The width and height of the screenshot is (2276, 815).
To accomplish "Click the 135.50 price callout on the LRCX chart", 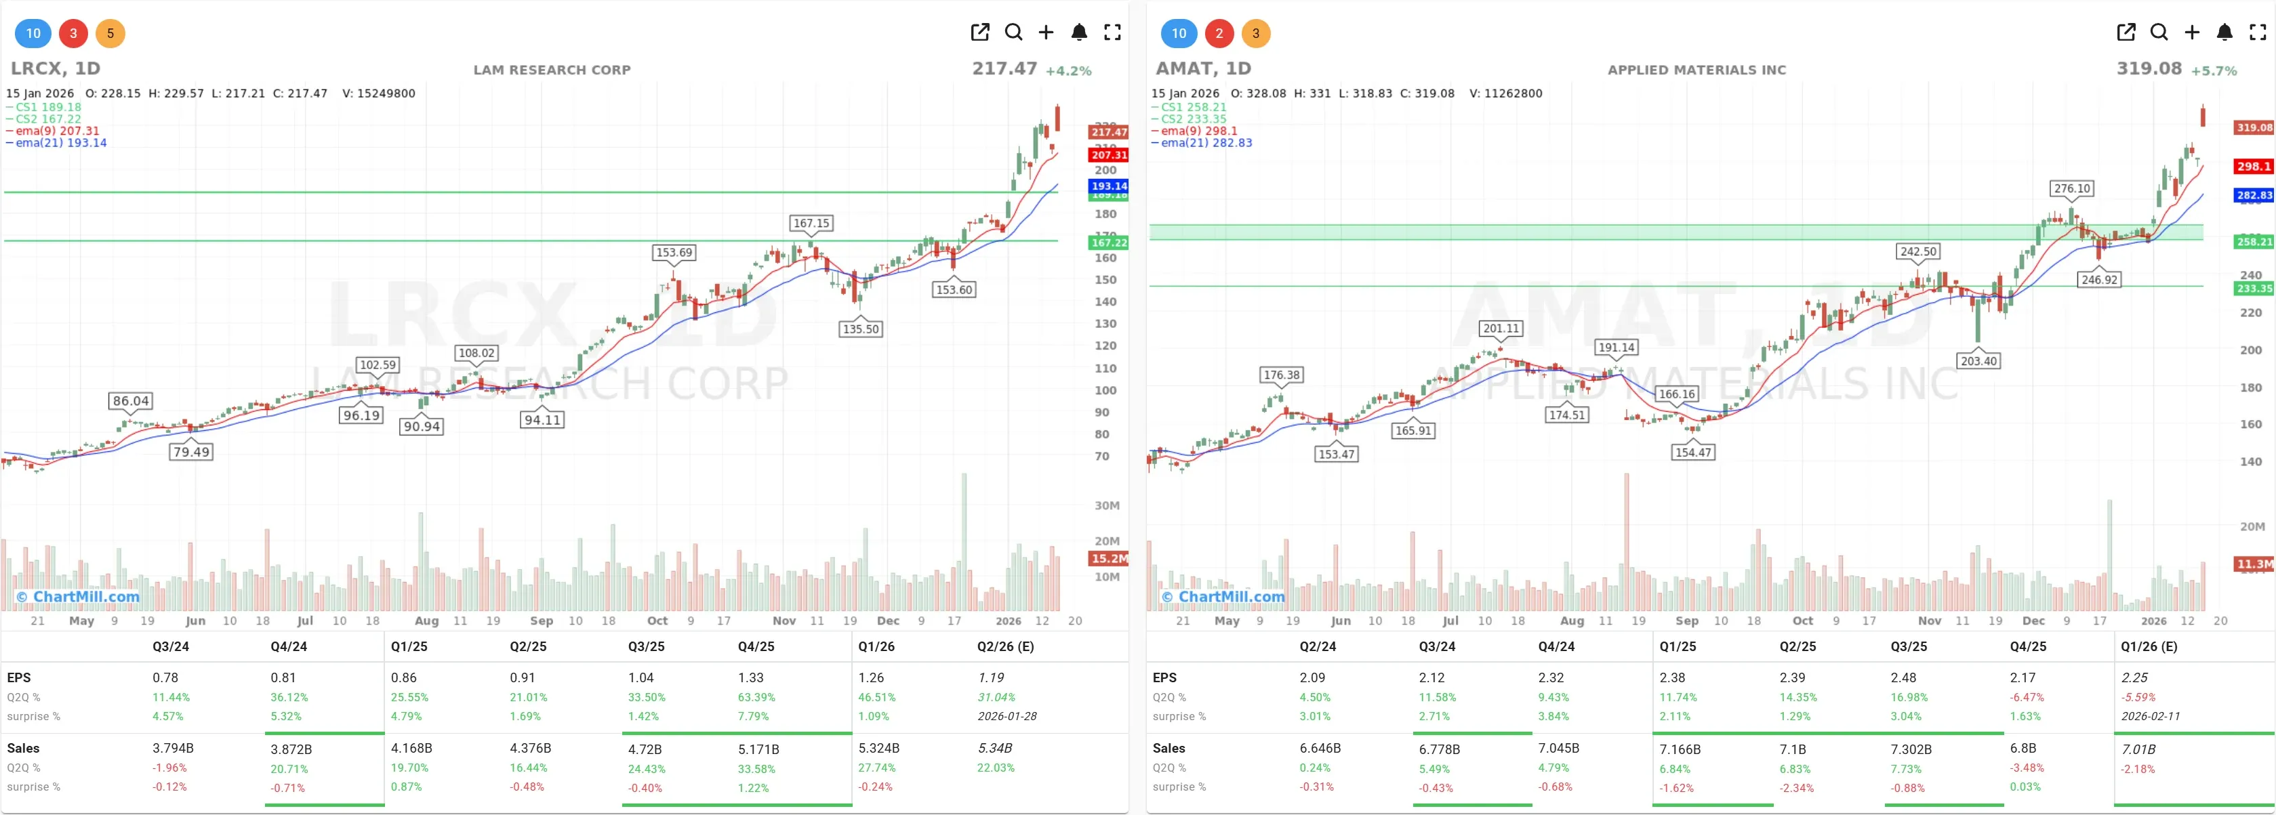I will point(861,329).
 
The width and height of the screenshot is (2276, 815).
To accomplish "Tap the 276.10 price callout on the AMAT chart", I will point(2071,189).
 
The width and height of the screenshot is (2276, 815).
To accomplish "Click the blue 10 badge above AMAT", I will point(1179,34).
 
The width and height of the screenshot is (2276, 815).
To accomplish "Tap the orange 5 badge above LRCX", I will point(110,34).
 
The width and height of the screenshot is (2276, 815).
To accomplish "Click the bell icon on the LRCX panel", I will point(1079,33).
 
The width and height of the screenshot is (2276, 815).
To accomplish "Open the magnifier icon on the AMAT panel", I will point(2159,33).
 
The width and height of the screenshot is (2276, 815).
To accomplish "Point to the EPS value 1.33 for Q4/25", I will point(750,678).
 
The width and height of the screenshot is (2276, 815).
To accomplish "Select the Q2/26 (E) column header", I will point(1004,646).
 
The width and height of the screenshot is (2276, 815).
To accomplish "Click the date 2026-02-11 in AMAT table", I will point(2150,716).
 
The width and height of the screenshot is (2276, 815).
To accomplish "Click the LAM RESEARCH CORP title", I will point(551,70).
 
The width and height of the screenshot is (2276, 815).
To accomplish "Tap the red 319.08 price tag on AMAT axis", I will point(2253,128).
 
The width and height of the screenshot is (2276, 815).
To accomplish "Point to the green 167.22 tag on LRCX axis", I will point(1108,243).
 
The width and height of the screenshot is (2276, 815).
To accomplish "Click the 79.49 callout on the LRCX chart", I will point(191,452).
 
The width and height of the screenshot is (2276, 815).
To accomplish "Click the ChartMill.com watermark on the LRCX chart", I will point(79,597).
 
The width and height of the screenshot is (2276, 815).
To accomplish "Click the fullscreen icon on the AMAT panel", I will point(2258,33).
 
